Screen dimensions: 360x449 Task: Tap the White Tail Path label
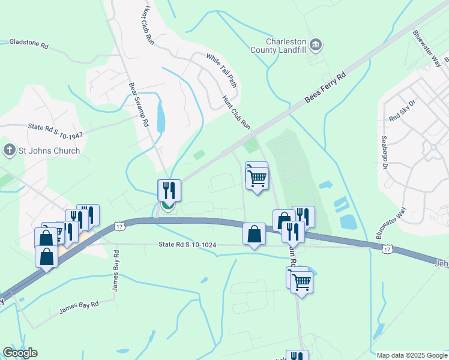coord(221,70)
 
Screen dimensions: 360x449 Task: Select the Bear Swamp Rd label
coord(139,104)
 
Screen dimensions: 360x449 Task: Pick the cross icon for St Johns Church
coord(8,151)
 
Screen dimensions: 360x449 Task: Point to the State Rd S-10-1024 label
coord(187,245)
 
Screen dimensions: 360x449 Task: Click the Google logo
coord(20,353)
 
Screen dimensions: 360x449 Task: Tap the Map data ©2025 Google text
coord(412,355)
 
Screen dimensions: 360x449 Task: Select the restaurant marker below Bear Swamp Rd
coord(169,191)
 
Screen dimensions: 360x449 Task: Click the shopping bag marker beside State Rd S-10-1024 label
coord(254,233)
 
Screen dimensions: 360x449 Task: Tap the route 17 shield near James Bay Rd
coord(120,226)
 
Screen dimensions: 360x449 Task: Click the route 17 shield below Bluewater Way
coord(387,248)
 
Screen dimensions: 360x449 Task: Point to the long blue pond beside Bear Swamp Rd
coord(161,116)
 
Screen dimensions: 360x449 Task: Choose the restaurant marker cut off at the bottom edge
coord(297,356)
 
